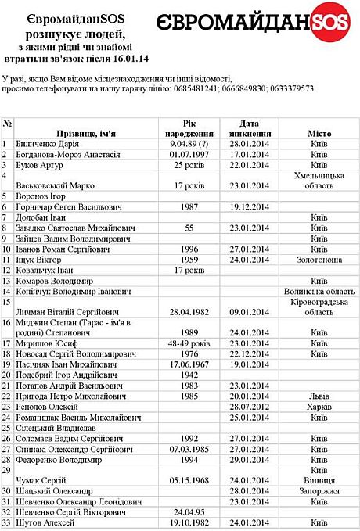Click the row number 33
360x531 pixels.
(x=7, y=522)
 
